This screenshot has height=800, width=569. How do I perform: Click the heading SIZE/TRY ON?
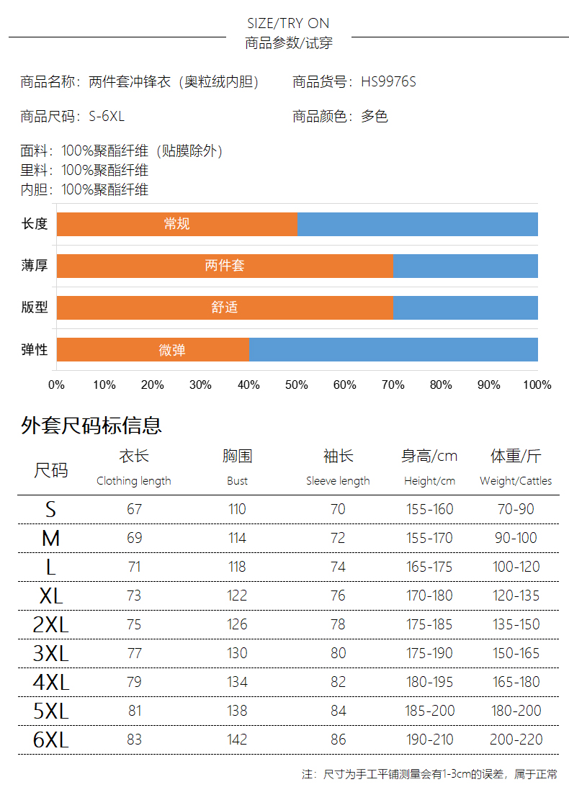(x=288, y=24)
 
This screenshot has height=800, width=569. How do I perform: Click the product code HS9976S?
(x=388, y=82)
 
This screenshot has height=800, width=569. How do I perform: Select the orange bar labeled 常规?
(x=176, y=224)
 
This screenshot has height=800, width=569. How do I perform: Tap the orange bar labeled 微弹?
(x=153, y=350)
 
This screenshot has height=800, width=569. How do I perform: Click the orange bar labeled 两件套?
(x=224, y=266)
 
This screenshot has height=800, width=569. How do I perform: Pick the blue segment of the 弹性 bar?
(x=393, y=350)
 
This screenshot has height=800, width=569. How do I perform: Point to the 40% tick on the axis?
(x=248, y=385)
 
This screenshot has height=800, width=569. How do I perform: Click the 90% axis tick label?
(x=489, y=385)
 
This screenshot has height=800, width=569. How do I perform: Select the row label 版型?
(x=35, y=307)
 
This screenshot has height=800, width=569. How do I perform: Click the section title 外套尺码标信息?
(x=91, y=426)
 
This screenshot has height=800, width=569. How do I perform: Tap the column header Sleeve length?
(x=338, y=481)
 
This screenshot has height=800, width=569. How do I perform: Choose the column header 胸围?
(x=237, y=456)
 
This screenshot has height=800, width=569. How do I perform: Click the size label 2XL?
(x=50, y=625)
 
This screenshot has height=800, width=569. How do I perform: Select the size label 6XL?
(x=50, y=740)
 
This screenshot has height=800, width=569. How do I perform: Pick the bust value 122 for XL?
(x=237, y=595)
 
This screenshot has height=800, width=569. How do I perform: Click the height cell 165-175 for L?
(x=429, y=567)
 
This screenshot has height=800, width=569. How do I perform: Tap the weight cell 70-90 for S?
(x=516, y=509)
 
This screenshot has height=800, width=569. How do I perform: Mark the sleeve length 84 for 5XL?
(x=338, y=711)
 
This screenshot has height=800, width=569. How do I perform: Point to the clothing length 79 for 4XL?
(x=134, y=682)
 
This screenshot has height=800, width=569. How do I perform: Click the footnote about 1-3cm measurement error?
(x=429, y=775)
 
